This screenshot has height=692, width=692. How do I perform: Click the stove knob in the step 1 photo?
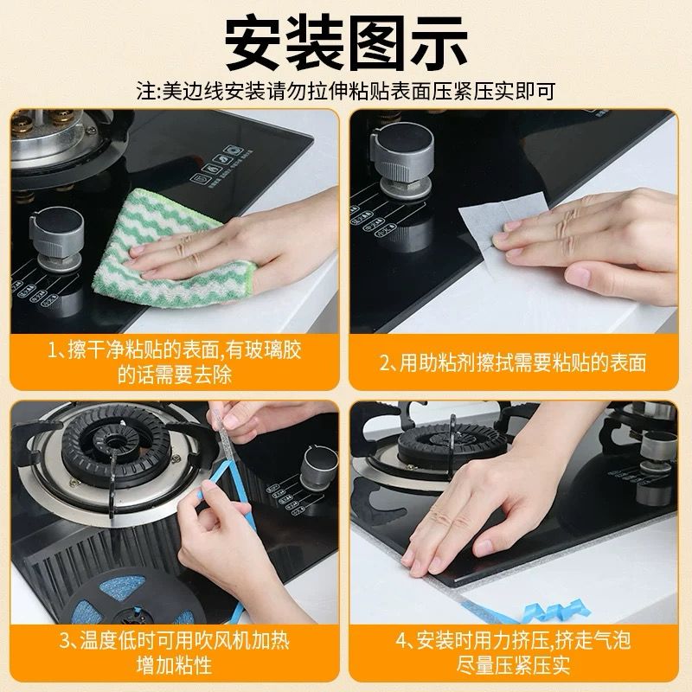pos(56,239)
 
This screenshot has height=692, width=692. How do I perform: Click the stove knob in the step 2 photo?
pos(402,160)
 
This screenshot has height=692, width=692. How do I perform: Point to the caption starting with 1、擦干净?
pos(175,362)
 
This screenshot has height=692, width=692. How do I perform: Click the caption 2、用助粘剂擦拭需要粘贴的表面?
pos(513,362)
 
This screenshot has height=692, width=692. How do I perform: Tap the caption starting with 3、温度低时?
pos(175,653)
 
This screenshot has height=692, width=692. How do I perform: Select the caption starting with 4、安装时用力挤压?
pos(513,653)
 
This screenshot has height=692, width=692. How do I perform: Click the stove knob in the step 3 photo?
pos(318,469)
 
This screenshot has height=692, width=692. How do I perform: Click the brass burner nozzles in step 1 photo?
pos(44,120)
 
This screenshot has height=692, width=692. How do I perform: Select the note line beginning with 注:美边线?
pos(346,91)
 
